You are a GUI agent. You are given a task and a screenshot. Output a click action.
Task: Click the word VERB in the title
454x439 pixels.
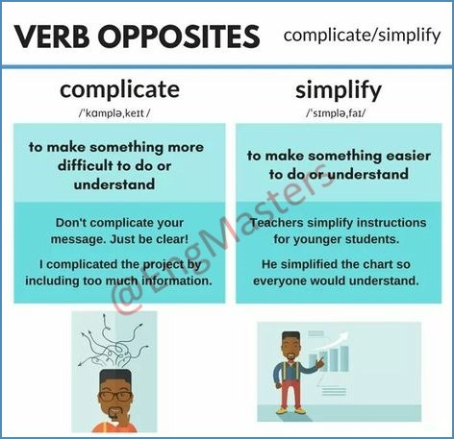click(52, 37)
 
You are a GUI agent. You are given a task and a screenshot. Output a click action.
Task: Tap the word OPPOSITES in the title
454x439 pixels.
click(179, 37)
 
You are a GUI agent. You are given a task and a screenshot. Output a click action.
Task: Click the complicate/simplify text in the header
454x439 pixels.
click(362, 36)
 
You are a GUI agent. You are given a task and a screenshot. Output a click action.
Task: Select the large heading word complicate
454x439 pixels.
click(119, 90)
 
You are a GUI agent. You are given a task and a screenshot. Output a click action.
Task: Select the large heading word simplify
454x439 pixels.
click(339, 90)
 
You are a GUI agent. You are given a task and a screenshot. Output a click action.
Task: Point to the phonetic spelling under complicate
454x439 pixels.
click(114, 113)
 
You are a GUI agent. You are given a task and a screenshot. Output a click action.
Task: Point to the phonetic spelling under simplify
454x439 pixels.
click(336, 113)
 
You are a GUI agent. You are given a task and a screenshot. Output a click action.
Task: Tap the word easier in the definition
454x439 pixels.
click(408, 156)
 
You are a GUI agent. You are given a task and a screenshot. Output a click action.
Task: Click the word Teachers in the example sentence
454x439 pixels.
click(276, 223)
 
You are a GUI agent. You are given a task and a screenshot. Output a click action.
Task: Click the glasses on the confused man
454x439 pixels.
click(115, 396)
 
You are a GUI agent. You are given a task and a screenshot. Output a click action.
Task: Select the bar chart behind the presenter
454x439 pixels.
click(329, 358)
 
